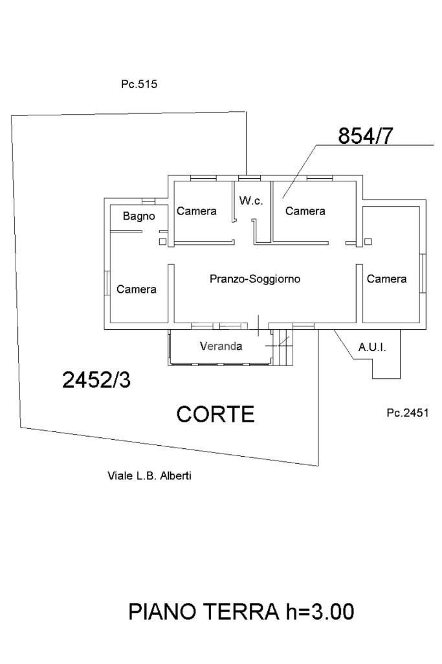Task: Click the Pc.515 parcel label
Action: (139, 84)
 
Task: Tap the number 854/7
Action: (366, 137)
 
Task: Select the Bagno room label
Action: (139, 216)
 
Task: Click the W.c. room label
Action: (251, 201)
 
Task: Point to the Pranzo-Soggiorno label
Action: (256, 279)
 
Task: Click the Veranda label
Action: (221, 346)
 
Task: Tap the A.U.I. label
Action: (372, 347)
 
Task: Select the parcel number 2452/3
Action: (96, 380)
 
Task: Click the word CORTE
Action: (215, 414)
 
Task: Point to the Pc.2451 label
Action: (408, 413)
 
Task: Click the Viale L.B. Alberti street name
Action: (149, 475)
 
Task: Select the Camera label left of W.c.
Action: (197, 211)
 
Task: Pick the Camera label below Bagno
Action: (137, 289)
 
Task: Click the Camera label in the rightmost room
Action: (387, 279)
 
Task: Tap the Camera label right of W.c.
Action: (305, 211)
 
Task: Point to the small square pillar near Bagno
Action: (162, 242)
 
